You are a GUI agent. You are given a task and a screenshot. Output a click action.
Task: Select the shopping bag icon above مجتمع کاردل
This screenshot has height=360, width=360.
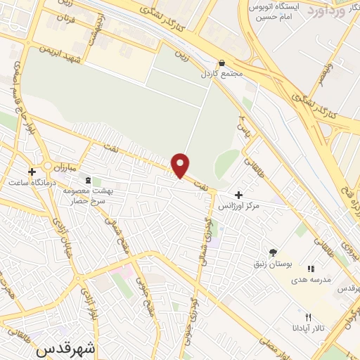point(222,62)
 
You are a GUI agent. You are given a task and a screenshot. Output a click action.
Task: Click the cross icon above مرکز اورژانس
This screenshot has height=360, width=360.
point(239,195)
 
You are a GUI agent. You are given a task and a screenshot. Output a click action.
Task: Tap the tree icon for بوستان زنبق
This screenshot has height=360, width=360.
point(273,252)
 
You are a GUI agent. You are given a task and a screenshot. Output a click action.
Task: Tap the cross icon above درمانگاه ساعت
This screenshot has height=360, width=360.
point(31,171)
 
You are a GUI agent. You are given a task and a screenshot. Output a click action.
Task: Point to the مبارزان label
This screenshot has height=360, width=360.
point(63,167)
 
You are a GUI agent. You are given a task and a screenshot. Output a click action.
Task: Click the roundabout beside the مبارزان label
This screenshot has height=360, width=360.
point(46,166)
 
